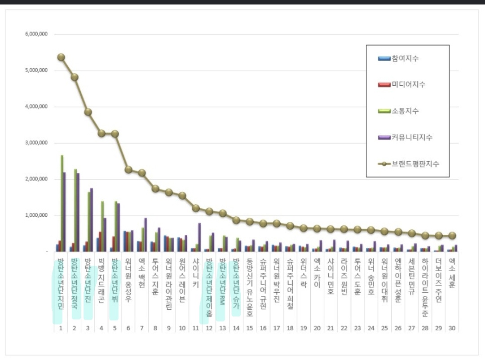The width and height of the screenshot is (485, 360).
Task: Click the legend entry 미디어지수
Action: [x=408, y=84]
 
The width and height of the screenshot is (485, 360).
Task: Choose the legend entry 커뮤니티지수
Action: [x=411, y=137]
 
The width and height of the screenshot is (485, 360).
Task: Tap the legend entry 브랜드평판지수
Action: [x=414, y=164]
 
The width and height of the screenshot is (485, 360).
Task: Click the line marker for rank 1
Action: [x=61, y=57]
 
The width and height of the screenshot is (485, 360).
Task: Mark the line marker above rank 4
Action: [x=101, y=133]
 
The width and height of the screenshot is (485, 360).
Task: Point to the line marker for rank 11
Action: [x=196, y=208]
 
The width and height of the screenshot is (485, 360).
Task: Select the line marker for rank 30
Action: [x=452, y=235]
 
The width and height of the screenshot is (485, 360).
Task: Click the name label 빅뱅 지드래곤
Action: [x=101, y=281]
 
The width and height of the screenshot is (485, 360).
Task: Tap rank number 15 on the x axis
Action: [x=250, y=328]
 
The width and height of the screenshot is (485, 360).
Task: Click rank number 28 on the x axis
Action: [x=425, y=328]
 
